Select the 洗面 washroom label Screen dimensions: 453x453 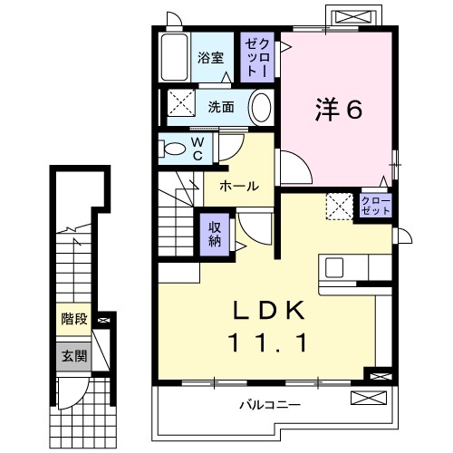(x=221, y=106)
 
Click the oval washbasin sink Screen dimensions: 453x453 (x=260, y=107)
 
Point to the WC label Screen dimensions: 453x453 (x=197, y=148)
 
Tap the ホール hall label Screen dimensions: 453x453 (x=239, y=186)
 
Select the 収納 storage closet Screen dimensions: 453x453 (x=215, y=235)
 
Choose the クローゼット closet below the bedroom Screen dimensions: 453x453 (x=375, y=205)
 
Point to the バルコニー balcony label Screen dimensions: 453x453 (x=270, y=404)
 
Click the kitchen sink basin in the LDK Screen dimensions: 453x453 (x=334, y=268)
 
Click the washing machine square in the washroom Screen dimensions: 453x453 (x=178, y=105)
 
